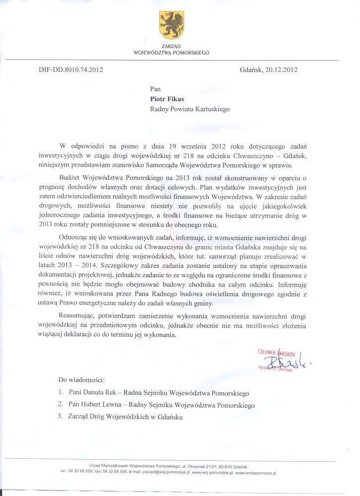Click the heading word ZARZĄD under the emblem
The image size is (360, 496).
click(x=172, y=46)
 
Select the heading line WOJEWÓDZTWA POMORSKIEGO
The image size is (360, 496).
click(x=172, y=52)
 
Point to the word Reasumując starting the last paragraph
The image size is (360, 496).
click(x=81, y=316)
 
